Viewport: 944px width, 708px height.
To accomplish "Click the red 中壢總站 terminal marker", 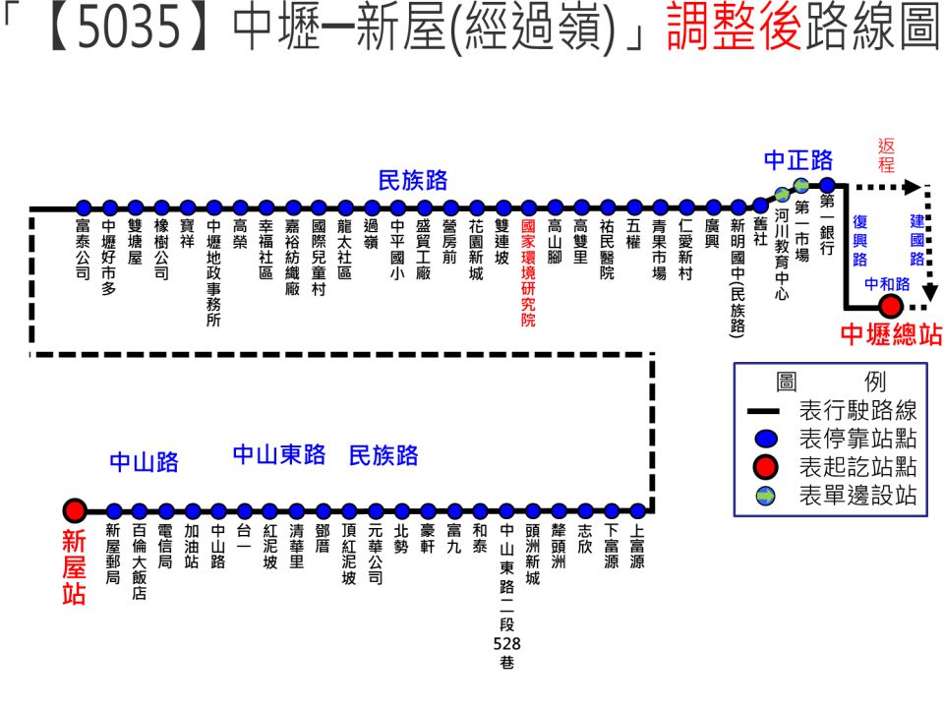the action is [x=891, y=307].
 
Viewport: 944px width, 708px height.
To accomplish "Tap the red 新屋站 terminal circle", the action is [x=75, y=510].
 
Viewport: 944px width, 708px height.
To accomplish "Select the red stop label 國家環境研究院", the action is [x=529, y=272].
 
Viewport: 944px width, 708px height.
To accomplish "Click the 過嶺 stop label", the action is [x=372, y=234].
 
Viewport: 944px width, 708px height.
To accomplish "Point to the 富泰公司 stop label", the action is [x=83, y=249].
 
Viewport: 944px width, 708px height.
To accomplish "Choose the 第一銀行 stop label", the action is [x=827, y=224].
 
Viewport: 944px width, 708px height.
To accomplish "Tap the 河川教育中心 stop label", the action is [x=782, y=255].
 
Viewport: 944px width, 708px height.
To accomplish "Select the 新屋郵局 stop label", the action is [x=112, y=554].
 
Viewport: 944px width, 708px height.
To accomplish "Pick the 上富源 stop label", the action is [x=637, y=546].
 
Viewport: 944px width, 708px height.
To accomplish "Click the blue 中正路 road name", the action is [x=798, y=160].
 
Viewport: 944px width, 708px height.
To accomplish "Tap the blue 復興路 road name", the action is [x=860, y=241].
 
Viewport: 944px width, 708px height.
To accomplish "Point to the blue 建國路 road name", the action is [x=916, y=240].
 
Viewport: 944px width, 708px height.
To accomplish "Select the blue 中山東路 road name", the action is [x=279, y=454].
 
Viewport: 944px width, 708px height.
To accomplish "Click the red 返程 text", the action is [x=886, y=155].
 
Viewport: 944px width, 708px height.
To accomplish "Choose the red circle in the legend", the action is [x=766, y=467].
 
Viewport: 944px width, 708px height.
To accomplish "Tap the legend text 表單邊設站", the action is [x=857, y=495].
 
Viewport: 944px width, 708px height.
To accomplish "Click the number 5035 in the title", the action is [x=130, y=28].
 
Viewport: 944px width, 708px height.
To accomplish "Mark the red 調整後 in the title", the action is [x=735, y=28].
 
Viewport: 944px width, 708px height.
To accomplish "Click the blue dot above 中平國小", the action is [x=397, y=208].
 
